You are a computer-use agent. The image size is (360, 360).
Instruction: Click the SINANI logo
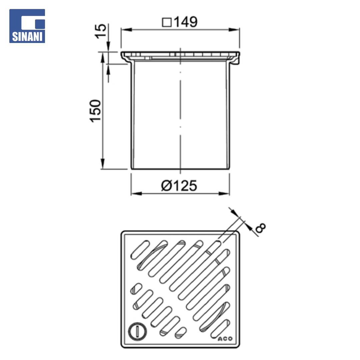(x=27, y=26)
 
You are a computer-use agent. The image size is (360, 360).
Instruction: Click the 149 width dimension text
(x=186, y=22)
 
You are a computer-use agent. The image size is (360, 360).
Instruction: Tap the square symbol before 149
(x=167, y=23)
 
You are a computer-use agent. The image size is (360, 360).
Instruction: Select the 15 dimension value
(x=101, y=31)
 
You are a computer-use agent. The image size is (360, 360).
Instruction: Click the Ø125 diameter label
(x=179, y=186)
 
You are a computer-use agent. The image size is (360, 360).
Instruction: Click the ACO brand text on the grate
(x=225, y=339)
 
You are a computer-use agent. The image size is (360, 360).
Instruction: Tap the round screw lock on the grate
(x=137, y=331)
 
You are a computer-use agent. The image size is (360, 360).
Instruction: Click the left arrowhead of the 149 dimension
(x=127, y=30)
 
